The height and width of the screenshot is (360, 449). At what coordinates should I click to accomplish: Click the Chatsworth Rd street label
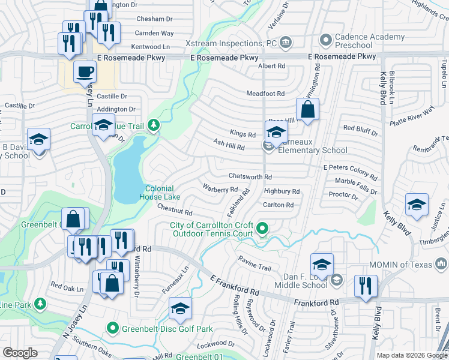pyautogui.click(x=250, y=177)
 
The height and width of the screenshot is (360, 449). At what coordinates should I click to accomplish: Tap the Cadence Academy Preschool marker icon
pyautogui.click(x=326, y=41)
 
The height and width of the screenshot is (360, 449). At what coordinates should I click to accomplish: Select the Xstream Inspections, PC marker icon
pyautogui.click(x=286, y=43)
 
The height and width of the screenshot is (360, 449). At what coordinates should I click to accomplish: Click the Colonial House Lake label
pyautogui.click(x=160, y=192)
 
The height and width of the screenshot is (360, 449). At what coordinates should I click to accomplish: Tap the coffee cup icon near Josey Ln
pyautogui.click(x=85, y=73)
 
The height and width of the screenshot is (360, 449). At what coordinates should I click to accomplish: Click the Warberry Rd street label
pyautogui.click(x=220, y=189)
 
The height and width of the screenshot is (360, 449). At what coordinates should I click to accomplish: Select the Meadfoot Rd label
pyautogui.click(x=265, y=94)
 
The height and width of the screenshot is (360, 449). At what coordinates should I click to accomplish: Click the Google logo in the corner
pyautogui.click(x=20, y=353)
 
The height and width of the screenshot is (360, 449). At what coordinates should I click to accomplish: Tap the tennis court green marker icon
pyautogui.click(x=262, y=229)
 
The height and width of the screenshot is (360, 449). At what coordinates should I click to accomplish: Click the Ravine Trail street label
pyautogui.click(x=255, y=260)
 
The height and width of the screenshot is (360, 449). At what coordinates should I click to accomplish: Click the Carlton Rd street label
pyautogui.click(x=278, y=205)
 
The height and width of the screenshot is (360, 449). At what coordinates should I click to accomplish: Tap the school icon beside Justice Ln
pyautogui.click(x=416, y=205)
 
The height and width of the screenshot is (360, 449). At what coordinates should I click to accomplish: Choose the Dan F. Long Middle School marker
pyautogui.click(x=336, y=279)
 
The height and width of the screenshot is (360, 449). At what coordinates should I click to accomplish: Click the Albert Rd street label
pyautogui.click(x=271, y=66)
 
